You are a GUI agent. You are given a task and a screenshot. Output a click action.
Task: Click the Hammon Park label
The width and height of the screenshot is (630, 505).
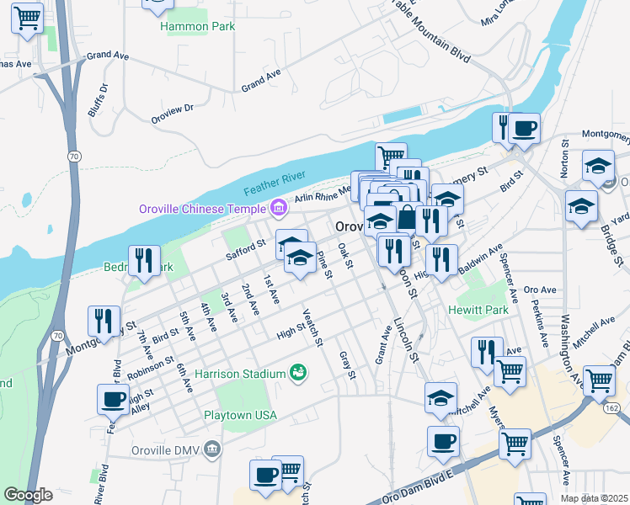pos(197,26)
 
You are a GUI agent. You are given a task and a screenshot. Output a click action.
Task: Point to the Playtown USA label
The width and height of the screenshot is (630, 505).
pos(240,415)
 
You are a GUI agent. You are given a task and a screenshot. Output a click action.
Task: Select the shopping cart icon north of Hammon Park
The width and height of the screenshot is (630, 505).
pos(157,4)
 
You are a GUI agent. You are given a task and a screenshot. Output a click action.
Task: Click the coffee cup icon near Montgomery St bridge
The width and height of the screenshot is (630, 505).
pos(525,128)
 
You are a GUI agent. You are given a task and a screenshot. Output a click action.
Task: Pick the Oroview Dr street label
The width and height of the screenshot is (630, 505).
pos(172,114)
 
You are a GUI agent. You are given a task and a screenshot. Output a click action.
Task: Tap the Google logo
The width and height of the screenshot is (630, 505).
pos(28,495)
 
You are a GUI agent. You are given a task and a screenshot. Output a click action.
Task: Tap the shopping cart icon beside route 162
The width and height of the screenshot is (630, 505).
pos(598,380)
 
